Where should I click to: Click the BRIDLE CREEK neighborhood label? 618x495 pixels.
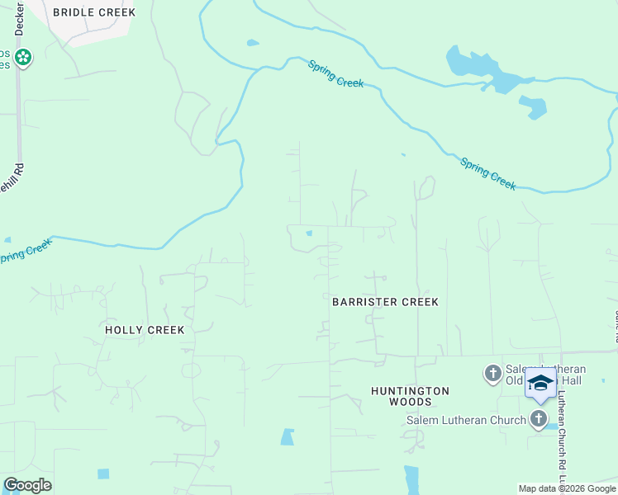point(93,12)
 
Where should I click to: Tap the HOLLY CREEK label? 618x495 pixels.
point(145,329)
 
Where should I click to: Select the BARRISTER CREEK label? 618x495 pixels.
point(385,302)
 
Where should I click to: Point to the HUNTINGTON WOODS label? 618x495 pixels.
point(410,396)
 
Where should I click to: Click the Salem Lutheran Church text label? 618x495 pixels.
point(466,420)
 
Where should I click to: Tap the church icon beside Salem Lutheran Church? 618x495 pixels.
point(540,418)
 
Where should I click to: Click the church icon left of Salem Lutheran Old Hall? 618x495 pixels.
point(492,374)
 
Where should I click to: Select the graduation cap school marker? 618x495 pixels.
point(540,384)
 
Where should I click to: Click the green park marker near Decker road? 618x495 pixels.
point(23,58)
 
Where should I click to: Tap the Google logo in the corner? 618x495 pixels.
point(27,485)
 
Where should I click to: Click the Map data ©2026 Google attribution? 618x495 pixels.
point(568,488)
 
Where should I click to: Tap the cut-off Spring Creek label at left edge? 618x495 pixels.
point(25,251)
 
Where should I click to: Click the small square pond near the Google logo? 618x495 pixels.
point(103,474)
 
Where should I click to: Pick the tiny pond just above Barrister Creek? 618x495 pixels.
point(309,233)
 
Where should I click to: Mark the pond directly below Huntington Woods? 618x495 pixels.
point(411,478)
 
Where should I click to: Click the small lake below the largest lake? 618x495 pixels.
point(534,106)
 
